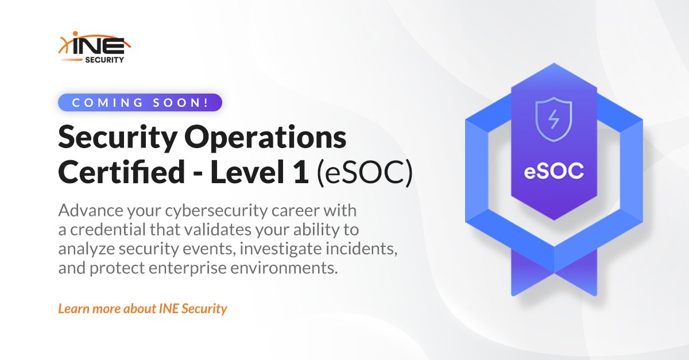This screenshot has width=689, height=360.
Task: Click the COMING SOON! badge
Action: [x=140, y=103]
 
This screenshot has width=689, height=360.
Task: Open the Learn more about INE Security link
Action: [x=142, y=308]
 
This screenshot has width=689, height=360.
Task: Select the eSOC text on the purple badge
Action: [x=553, y=171]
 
